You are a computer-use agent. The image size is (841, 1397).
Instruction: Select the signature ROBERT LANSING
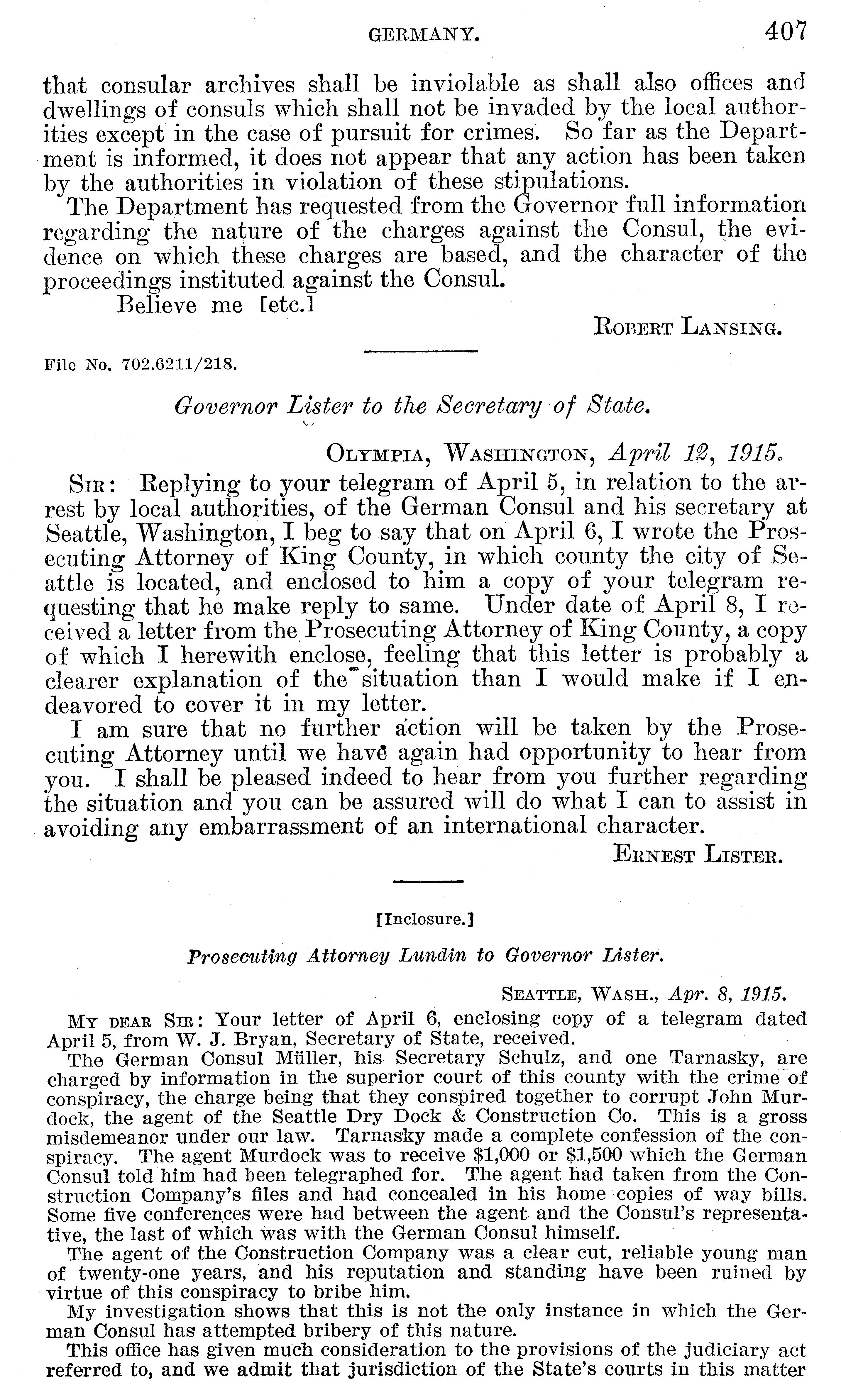point(687,328)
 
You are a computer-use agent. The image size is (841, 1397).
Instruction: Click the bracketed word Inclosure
point(425,919)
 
